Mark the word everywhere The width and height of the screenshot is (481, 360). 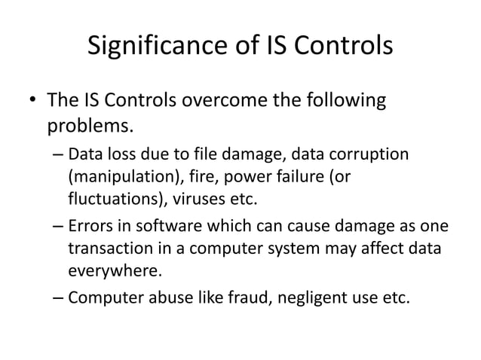112,272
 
